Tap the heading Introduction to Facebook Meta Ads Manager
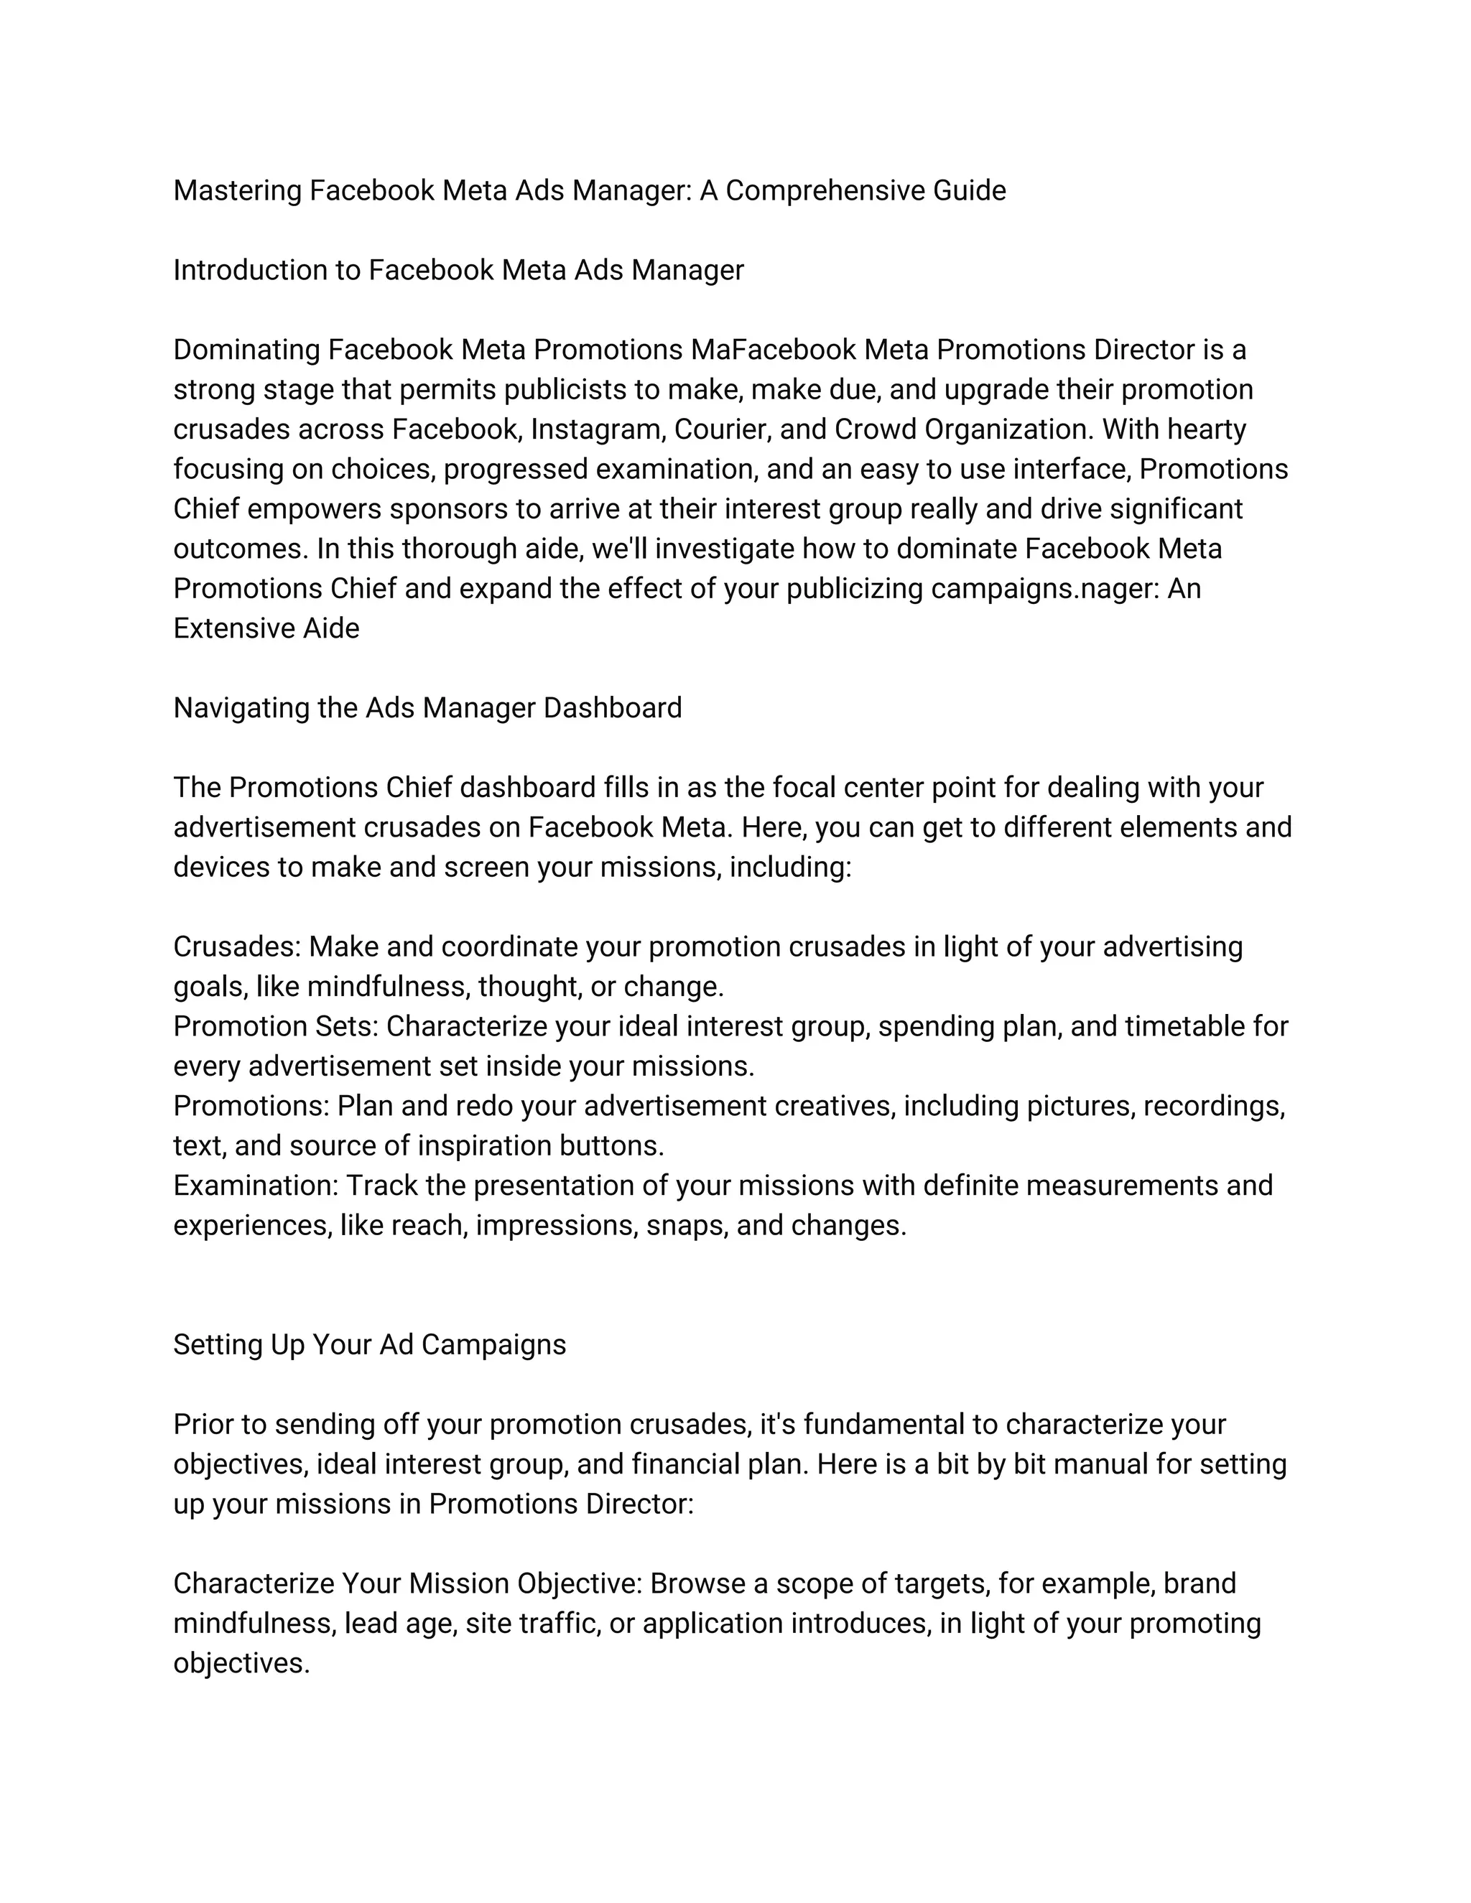458,270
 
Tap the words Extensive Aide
266,628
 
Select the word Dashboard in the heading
612,707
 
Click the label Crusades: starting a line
237,946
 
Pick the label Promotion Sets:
275,1026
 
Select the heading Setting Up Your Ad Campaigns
369,1344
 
